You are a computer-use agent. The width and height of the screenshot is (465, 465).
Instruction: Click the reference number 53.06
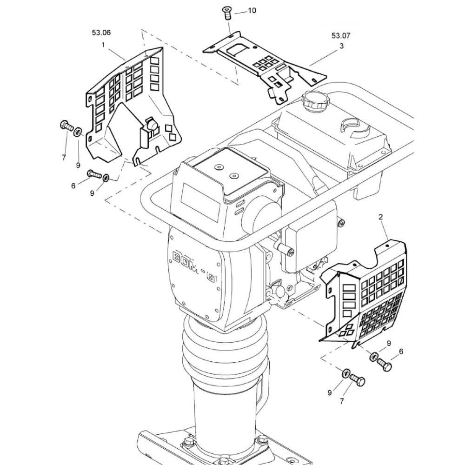101,33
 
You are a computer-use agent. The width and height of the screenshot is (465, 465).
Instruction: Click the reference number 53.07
341,36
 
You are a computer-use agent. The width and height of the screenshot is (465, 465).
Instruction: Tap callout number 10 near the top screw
252,11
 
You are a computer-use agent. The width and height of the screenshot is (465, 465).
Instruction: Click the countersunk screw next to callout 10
226,13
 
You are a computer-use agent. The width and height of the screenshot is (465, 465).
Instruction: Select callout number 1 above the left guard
103,45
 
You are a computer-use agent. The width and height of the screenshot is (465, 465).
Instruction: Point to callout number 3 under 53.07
342,46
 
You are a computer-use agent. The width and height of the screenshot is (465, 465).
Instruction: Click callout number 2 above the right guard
381,217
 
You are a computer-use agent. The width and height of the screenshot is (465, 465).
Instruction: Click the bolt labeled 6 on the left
94,174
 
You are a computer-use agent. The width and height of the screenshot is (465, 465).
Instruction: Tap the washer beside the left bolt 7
78,131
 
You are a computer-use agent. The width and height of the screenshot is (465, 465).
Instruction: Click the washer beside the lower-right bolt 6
374,356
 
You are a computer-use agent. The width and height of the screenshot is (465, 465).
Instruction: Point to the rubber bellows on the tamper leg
226,350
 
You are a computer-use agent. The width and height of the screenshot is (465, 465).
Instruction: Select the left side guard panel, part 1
133,106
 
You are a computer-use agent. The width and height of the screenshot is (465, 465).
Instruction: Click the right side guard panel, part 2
363,293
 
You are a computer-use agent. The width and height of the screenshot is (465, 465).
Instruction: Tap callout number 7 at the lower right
342,401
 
